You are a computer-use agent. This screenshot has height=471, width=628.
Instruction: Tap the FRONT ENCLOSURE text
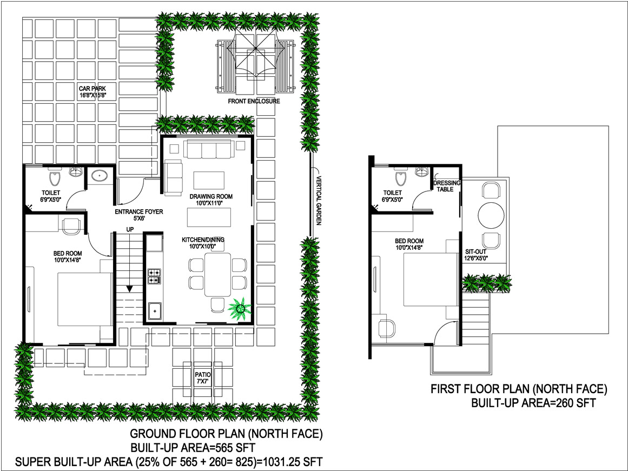(254, 101)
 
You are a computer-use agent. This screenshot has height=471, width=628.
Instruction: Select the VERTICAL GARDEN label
(319, 200)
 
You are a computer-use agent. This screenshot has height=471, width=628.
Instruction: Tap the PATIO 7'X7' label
(203, 378)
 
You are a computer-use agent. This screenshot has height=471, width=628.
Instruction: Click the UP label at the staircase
(130, 229)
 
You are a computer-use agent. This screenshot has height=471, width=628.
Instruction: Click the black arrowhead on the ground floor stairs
(129, 289)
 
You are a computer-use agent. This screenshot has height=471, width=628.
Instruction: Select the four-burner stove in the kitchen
(155, 276)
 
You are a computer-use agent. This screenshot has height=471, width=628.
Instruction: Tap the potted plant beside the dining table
(240, 308)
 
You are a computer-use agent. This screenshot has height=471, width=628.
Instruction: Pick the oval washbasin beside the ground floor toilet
(98, 175)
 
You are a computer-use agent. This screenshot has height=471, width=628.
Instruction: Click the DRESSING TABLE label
(447, 186)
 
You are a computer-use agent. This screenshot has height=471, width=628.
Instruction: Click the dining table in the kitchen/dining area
(218, 275)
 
